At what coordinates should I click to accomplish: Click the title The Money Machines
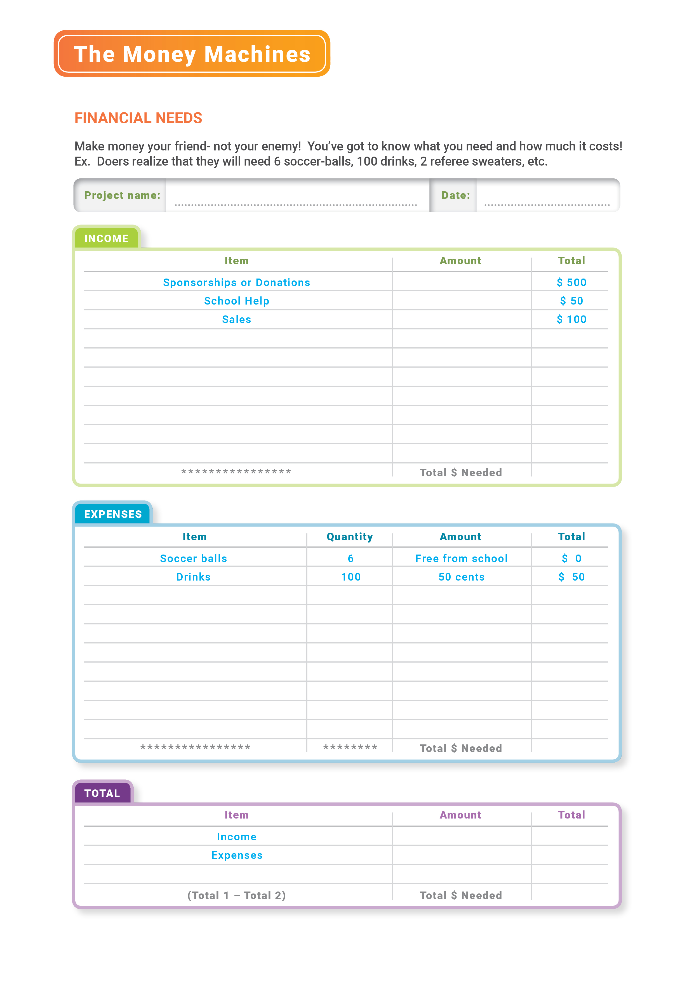[192, 54]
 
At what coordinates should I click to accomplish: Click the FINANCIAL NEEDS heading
[138, 118]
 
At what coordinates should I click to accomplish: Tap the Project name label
[122, 195]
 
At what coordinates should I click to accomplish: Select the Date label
[456, 195]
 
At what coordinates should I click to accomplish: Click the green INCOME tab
[106, 239]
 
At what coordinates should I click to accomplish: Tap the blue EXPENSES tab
[113, 514]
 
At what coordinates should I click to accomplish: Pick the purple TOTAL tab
[102, 793]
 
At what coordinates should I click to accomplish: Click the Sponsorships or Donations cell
[236, 282]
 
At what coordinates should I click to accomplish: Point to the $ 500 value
[571, 282]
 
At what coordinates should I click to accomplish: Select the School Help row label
[236, 301]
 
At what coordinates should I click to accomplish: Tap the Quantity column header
[350, 537]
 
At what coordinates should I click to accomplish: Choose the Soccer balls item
[194, 558]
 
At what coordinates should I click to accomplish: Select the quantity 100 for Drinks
[350, 577]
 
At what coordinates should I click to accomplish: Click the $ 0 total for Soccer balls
[571, 558]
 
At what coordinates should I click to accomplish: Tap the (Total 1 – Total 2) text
[236, 895]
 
